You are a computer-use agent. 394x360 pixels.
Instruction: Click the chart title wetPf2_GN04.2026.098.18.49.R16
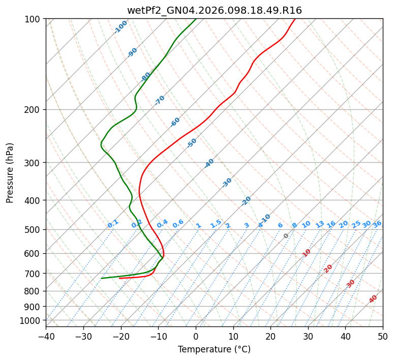(x=214, y=10)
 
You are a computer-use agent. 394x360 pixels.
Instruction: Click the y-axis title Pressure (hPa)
(x=10, y=173)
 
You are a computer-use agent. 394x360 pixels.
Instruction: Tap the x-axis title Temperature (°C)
(x=214, y=350)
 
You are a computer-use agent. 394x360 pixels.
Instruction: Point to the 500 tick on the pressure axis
(x=34, y=230)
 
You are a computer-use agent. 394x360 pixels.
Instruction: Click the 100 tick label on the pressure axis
(x=34, y=19)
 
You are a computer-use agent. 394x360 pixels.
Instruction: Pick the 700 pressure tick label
(x=34, y=274)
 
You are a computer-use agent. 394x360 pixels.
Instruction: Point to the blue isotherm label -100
(x=120, y=27)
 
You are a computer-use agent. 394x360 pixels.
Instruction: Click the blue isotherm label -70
(x=160, y=100)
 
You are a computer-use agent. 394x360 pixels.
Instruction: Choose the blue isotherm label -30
(x=227, y=183)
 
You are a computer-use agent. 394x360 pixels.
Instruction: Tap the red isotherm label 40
(x=373, y=299)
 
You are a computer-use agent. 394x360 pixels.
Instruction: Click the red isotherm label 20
(x=328, y=268)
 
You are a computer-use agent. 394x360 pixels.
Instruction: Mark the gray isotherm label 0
(x=286, y=236)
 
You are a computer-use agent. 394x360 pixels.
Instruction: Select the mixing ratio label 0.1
(x=113, y=223)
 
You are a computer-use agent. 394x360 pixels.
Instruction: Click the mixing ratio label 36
(x=377, y=224)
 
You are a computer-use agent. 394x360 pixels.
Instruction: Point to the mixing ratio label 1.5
(x=216, y=223)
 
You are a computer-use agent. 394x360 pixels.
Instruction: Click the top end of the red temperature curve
(x=295, y=19)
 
